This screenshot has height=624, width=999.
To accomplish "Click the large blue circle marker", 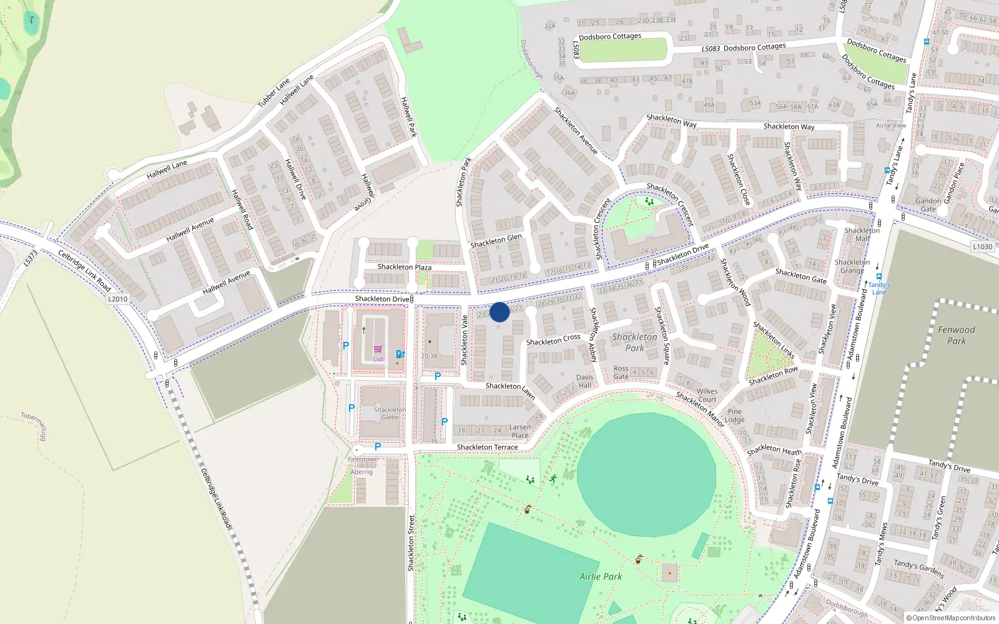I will click(x=499, y=312).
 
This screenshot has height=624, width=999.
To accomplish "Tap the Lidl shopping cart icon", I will click(x=378, y=349).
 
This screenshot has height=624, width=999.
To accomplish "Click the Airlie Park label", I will click(x=601, y=577).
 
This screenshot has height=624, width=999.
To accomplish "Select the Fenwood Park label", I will click(x=956, y=335).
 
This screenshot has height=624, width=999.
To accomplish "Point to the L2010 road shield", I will click(x=117, y=299).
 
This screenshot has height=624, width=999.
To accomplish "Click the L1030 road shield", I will click(x=982, y=246).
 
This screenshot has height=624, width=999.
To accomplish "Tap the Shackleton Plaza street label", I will click(x=404, y=267).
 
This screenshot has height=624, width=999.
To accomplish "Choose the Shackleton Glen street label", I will click(x=496, y=240).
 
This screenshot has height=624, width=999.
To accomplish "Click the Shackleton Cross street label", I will click(x=553, y=339).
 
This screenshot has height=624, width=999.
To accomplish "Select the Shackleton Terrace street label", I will click(x=487, y=447).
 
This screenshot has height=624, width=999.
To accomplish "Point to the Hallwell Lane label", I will click(x=167, y=169).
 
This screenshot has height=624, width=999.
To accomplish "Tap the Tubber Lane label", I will click(x=274, y=92).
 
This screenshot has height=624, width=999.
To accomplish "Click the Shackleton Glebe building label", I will click(x=390, y=414).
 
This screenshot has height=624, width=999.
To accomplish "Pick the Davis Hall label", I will click(x=585, y=381).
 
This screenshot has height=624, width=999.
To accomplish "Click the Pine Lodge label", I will click(x=735, y=416).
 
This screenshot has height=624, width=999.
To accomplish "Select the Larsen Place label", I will click(x=520, y=431).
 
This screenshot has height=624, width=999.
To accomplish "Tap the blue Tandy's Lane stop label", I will click(x=879, y=288).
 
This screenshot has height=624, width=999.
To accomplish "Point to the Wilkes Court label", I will click(x=707, y=396).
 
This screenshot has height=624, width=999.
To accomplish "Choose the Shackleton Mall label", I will click(x=862, y=235).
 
